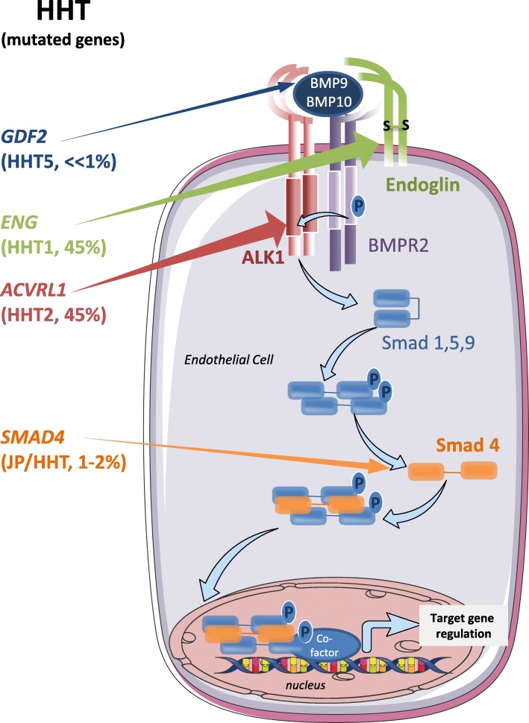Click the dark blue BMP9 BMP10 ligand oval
[328, 92]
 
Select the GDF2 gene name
[25, 136]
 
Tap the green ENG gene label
[19, 223]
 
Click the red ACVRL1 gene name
[34, 289]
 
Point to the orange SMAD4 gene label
[32, 437]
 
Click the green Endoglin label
[422, 185]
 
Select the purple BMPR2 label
[398, 244]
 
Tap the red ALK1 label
[263, 257]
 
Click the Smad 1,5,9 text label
[428, 344]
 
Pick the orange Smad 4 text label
[468, 446]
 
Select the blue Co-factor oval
[325, 645]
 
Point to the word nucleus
[305, 685]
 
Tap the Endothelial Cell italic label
[229, 359]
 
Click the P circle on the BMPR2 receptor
[358, 206]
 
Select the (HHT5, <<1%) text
[59, 162]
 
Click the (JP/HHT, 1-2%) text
[63, 461]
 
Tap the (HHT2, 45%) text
[54, 315]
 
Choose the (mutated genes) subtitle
[63, 40]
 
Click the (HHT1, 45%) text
[54, 247]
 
